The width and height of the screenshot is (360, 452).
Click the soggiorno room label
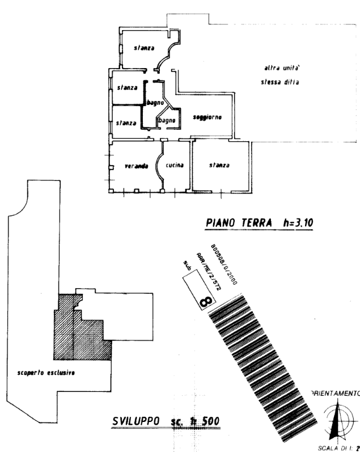click(x=206, y=117)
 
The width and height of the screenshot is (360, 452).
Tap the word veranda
click(x=136, y=166)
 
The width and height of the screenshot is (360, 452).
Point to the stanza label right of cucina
click(x=219, y=166)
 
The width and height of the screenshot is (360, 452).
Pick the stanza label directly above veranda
click(x=126, y=123)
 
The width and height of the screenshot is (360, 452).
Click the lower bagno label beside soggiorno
click(x=166, y=120)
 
